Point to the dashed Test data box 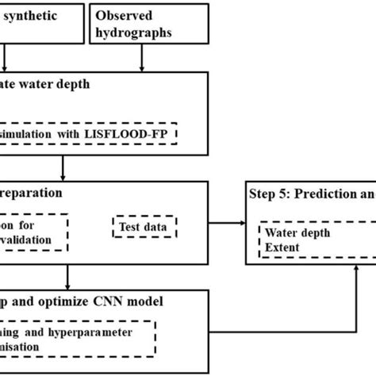[144, 227]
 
